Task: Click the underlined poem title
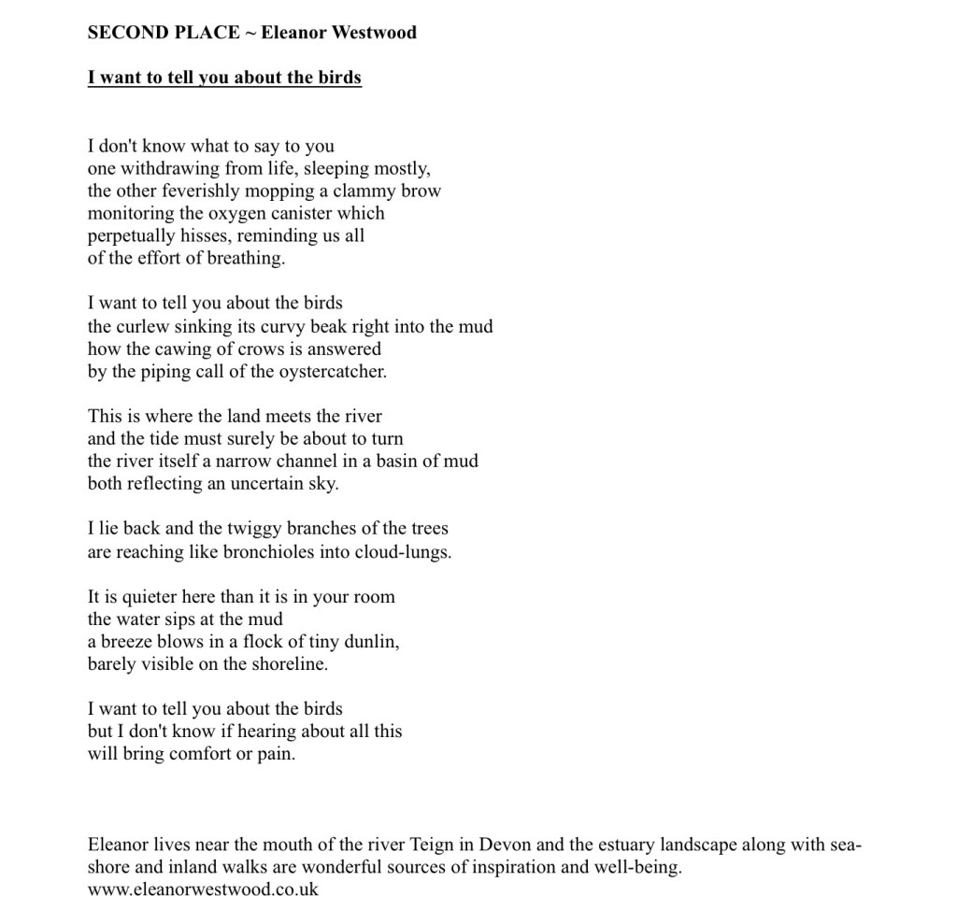pyautogui.click(x=224, y=78)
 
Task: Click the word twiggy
pyautogui.click(x=255, y=529)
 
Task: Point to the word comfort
pyautogui.click(x=199, y=754)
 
